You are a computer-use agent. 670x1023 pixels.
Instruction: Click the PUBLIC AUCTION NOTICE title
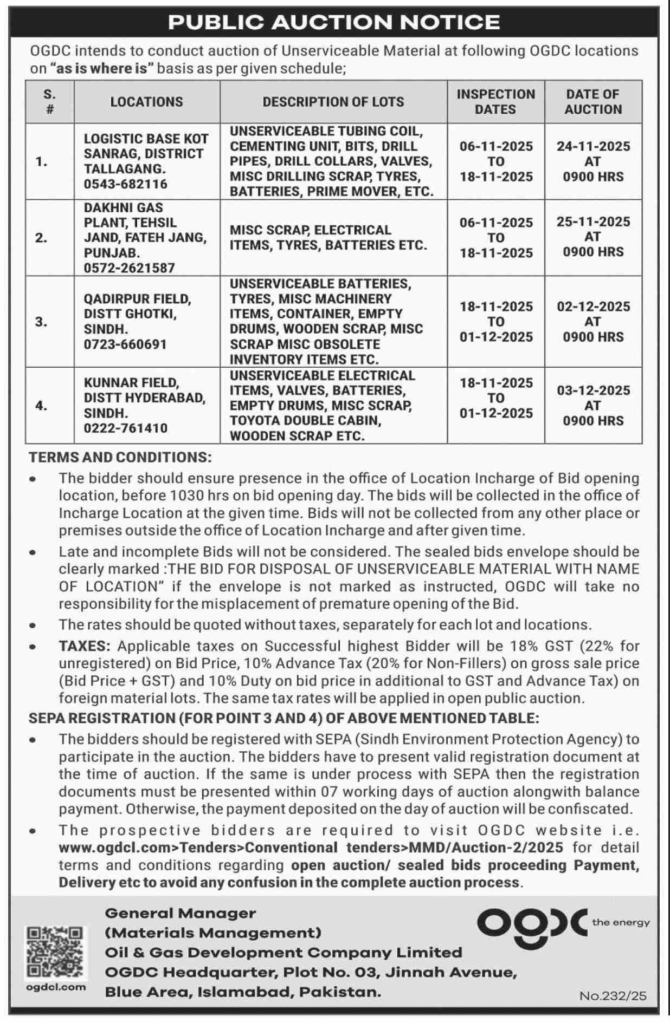(334, 22)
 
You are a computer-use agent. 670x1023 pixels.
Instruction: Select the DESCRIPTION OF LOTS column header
(333, 102)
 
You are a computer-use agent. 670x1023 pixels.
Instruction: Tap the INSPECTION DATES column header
(495, 102)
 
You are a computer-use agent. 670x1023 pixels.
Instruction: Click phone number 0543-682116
(125, 184)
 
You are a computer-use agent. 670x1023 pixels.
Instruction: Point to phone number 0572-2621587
(129, 268)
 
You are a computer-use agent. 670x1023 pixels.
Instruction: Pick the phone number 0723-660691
(125, 344)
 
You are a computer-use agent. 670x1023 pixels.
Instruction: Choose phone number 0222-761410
(125, 428)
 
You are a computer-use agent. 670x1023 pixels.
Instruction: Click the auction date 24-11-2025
(593, 146)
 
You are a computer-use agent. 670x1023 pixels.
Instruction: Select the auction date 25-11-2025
(593, 222)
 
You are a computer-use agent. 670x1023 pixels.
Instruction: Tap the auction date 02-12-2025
(593, 307)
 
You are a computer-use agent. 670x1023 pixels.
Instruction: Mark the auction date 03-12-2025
(593, 390)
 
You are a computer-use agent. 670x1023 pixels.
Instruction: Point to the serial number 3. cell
(42, 322)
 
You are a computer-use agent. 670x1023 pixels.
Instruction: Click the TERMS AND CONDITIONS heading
(120, 457)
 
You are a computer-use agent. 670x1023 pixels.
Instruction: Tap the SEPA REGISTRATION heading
(284, 718)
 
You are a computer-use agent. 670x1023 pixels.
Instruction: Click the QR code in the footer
(55, 951)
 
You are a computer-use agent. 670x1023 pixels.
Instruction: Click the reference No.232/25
(613, 995)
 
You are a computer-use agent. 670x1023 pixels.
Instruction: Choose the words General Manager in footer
(180, 913)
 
